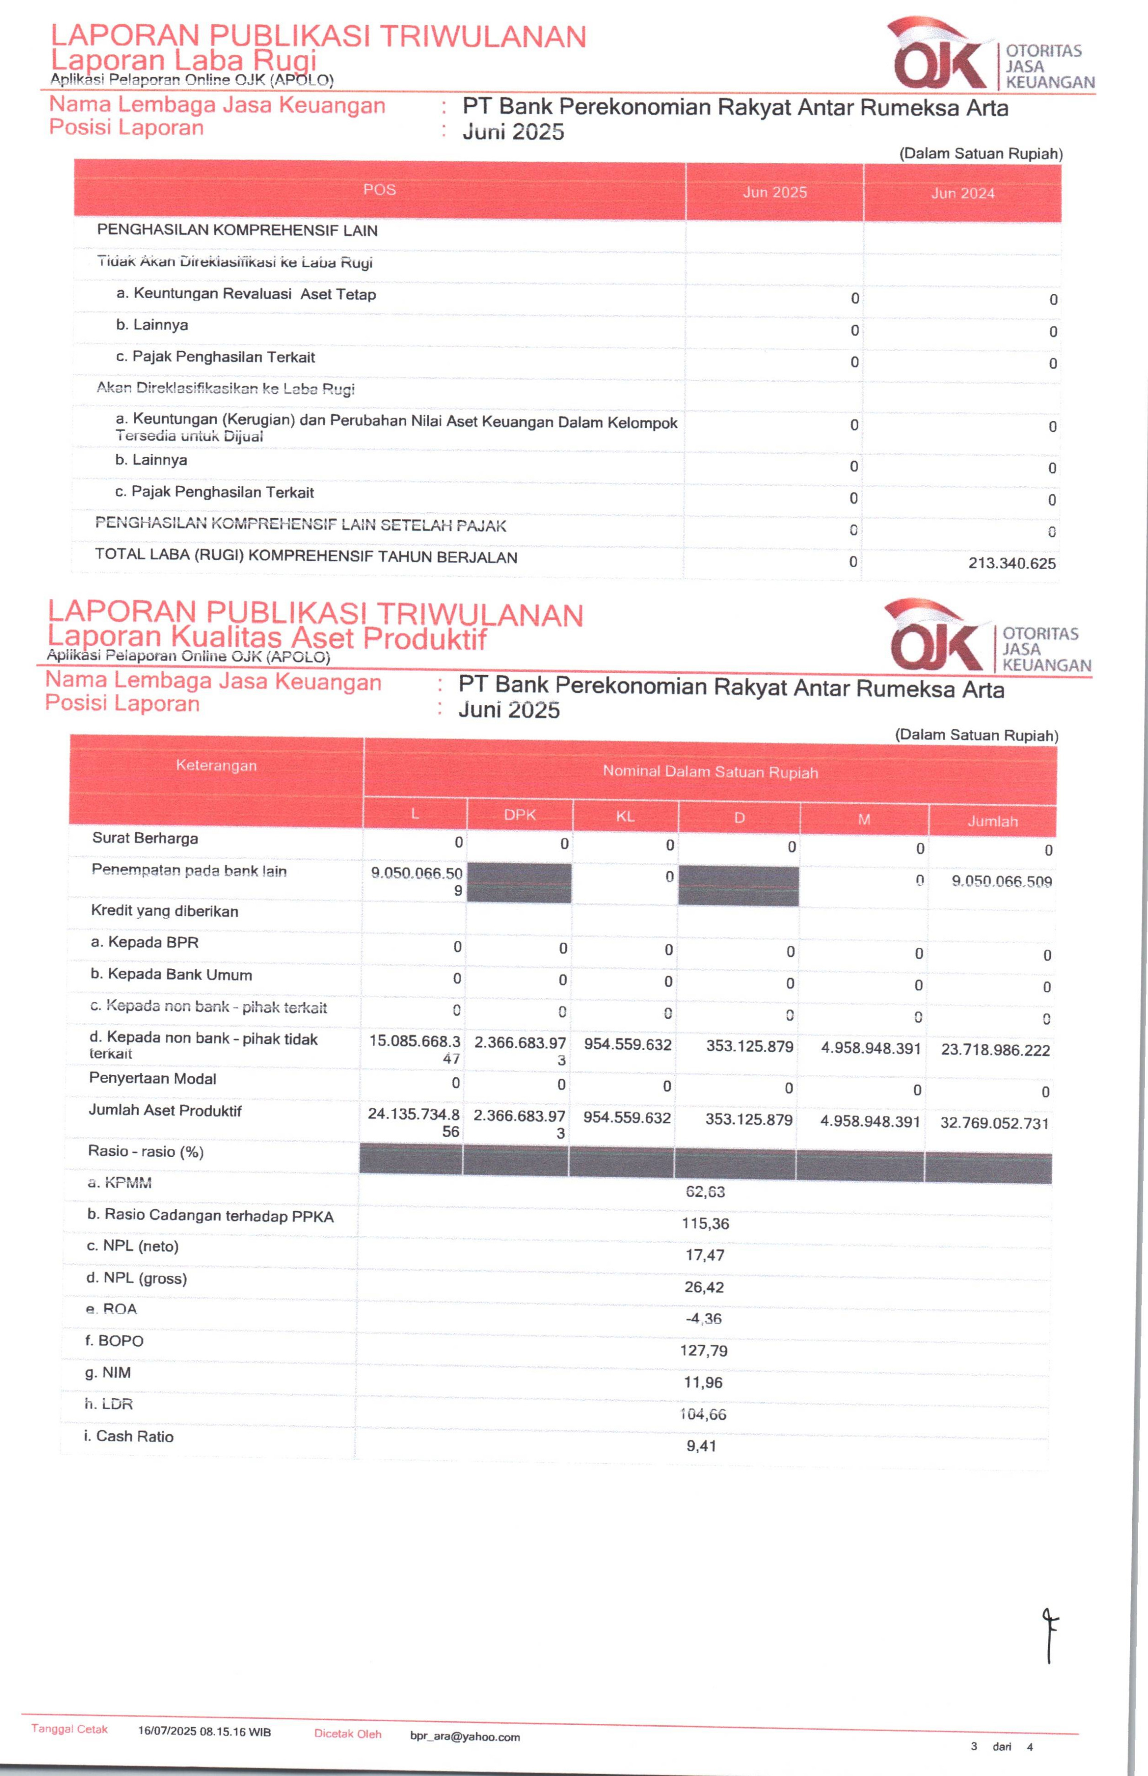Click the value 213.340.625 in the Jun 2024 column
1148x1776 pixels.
pyautogui.click(x=1012, y=563)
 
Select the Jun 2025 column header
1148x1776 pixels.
pyautogui.click(x=775, y=192)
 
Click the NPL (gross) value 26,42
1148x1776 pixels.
pyautogui.click(x=704, y=1287)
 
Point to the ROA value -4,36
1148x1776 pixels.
pyautogui.click(x=703, y=1319)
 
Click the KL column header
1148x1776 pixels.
pyautogui.click(x=625, y=816)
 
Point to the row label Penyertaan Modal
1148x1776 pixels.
pyautogui.click(x=153, y=1079)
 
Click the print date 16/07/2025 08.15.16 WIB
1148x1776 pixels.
pyautogui.click(x=204, y=1731)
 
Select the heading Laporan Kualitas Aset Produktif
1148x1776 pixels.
pyautogui.click(x=266, y=638)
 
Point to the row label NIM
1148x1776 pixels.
pyautogui.click(x=108, y=1372)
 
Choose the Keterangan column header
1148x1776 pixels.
pyautogui.click(x=216, y=765)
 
